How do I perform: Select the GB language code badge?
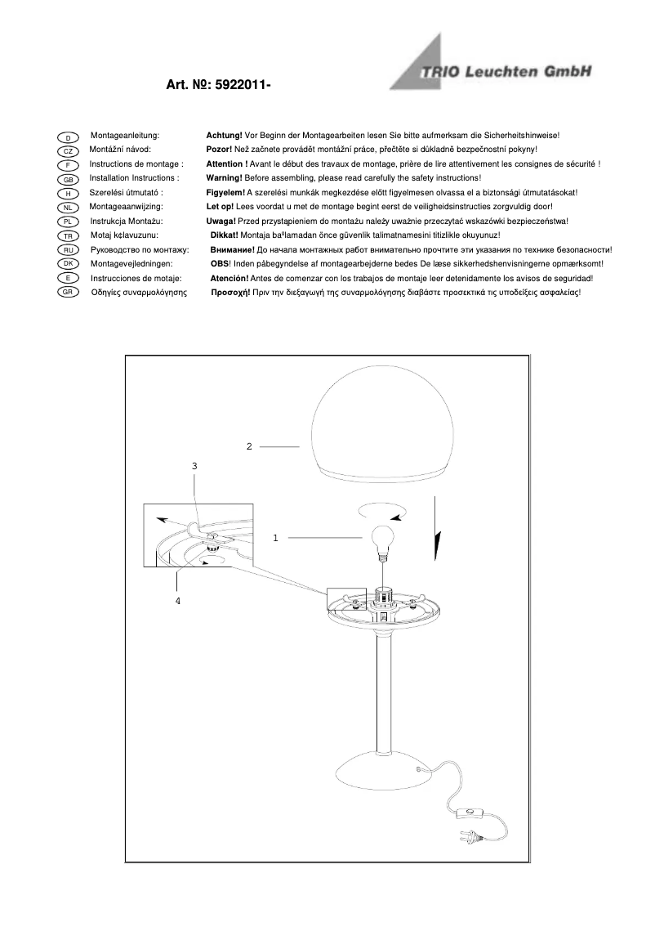pyautogui.click(x=69, y=180)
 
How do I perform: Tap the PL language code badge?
pyautogui.click(x=69, y=222)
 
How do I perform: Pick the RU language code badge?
pyautogui.click(x=69, y=250)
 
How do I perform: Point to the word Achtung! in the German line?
pyautogui.click(x=224, y=135)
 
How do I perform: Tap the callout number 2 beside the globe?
pyautogui.click(x=249, y=446)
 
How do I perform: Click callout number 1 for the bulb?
pyautogui.click(x=276, y=538)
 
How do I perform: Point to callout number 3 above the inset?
pyautogui.click(x=194, y=465)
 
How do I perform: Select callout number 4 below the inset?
pyautogui.click(x=177, y=601)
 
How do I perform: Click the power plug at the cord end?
pyautogui.click(x=472, y=837)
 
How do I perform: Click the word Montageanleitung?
pyautogui.click(x=124, y=135)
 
